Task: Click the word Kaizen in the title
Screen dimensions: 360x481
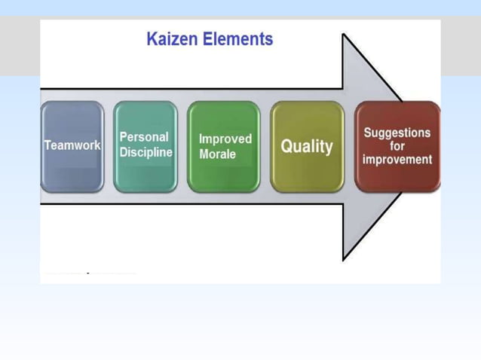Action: (173, 39)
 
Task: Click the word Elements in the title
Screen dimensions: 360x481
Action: (239, 39)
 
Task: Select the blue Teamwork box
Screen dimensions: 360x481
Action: (72, 146)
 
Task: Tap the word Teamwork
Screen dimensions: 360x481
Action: (72, 145)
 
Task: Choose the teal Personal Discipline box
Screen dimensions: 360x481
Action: (146, 146)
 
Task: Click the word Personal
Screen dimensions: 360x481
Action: (144, 137)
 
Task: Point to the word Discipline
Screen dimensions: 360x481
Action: (146, 153)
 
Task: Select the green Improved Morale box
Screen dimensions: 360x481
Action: (223, 146)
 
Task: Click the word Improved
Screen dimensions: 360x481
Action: (225, 139)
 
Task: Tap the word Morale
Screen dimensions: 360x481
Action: (217, 154)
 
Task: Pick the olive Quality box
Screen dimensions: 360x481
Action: (307, 146)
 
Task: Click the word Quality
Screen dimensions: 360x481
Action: (307, 146)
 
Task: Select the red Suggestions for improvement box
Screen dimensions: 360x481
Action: (397, 146)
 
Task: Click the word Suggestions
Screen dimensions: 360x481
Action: (397, 133)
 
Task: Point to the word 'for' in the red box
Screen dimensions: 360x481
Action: (397, 146)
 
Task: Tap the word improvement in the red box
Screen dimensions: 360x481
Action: (397, 160)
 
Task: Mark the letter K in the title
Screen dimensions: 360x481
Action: (152, 39)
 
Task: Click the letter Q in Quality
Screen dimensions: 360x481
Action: (287, 146)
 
